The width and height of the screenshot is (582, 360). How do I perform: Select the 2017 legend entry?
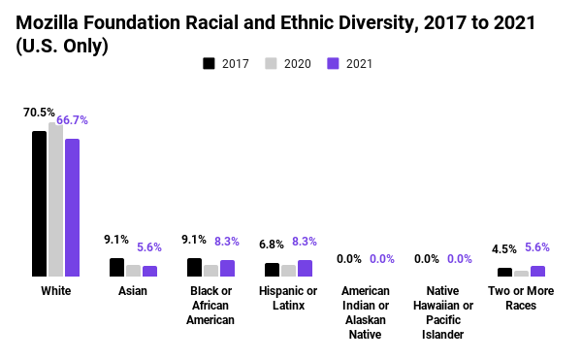pos(226,64)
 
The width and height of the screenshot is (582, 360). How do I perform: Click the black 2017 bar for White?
pos(39,204)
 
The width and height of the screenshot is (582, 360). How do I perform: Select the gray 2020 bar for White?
pos(55,200)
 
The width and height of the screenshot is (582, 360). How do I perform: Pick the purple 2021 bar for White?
pos(72,208)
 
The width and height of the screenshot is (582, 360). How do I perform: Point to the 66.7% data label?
pos(73,120)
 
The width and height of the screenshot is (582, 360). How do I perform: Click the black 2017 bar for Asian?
pos(116,267)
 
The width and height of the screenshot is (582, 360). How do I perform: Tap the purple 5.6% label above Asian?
pos(150,247)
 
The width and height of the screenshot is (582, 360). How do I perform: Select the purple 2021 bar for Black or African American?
pos(227,268)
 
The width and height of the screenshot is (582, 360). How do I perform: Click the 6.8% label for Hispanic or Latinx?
pos(272,245)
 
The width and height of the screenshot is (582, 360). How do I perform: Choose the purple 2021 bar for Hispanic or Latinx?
pos(305,268)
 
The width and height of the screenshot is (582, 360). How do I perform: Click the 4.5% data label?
pos(503,249)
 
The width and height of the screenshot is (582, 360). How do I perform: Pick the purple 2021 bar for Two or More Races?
pos(537,271)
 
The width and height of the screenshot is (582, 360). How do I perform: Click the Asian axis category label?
pos(133,291)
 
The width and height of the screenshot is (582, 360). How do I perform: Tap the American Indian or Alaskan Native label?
pos(366,312)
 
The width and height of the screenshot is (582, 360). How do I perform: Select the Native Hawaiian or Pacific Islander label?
pos(443,312)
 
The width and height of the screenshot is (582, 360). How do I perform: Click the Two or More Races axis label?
pos(521,298)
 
